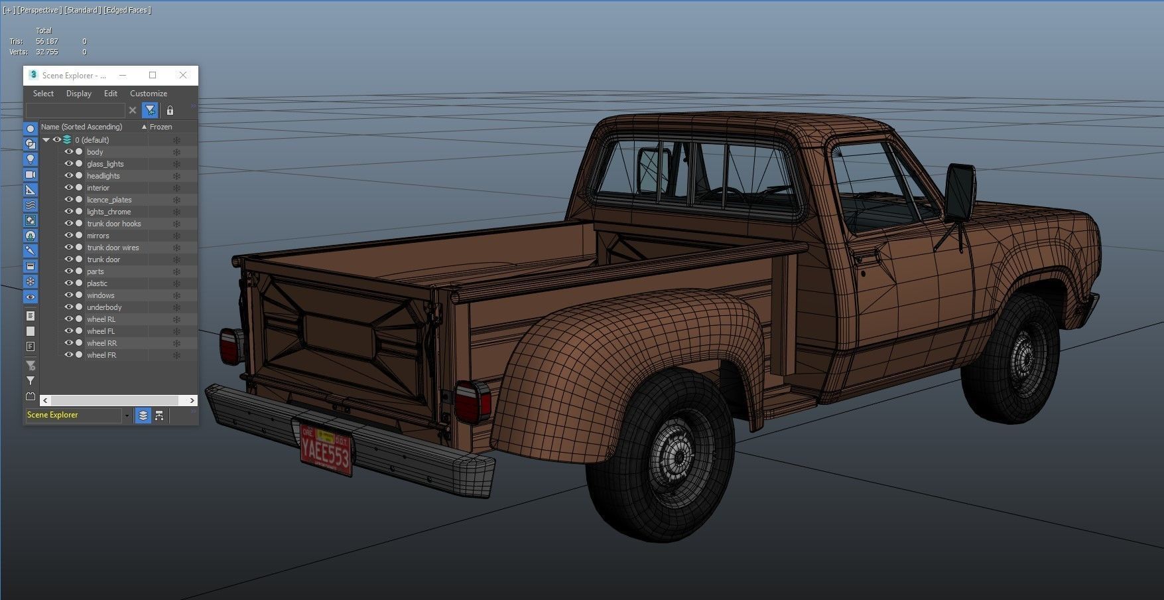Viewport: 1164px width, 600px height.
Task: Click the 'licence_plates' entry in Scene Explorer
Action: pyautogui.click(x=109, y=200)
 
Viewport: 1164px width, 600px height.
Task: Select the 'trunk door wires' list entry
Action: pyautogui.click(x=113, y=248)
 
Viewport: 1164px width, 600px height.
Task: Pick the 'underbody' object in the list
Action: pyautogui.click(x=104, y=307)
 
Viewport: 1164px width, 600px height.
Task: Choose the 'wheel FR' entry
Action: pyautogui.click(x=101, y=355)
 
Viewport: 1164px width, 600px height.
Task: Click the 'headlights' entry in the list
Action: pyautogui.click(x=103, y=176)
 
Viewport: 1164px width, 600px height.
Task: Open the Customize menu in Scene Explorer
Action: pyautogui.click(x=149, y=94)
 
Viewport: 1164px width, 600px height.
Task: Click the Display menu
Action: pyautogui.click(x=79, y=94)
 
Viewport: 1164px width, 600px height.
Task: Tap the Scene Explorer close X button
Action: pyautogui.click(x=183, y=75)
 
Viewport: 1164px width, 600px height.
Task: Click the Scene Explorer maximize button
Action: pyautogui.click(x=153, y=75)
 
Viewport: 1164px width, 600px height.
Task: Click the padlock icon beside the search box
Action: pyautogui.click(x=170, y=110)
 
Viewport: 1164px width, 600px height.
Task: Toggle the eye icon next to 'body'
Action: pyautogui.click(x=68, y=152)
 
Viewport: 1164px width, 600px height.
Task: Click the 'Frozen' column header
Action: pyautogui.click(x=161, y=127)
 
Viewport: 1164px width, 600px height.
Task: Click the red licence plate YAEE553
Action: pyautogui.click(x=326, y=448)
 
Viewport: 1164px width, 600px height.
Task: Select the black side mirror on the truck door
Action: pyautogui.click(x=960, y=192)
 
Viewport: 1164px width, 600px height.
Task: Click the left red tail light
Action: pyautogui.click(x=231, y=346)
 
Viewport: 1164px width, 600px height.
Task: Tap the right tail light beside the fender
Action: pyautogui.click(x=473, y=402)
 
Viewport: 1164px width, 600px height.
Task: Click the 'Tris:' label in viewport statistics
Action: pyautogui.click(x=16, y=41)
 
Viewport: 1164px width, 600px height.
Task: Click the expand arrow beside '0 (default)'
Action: pyautogui.click(x=46, y=140)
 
